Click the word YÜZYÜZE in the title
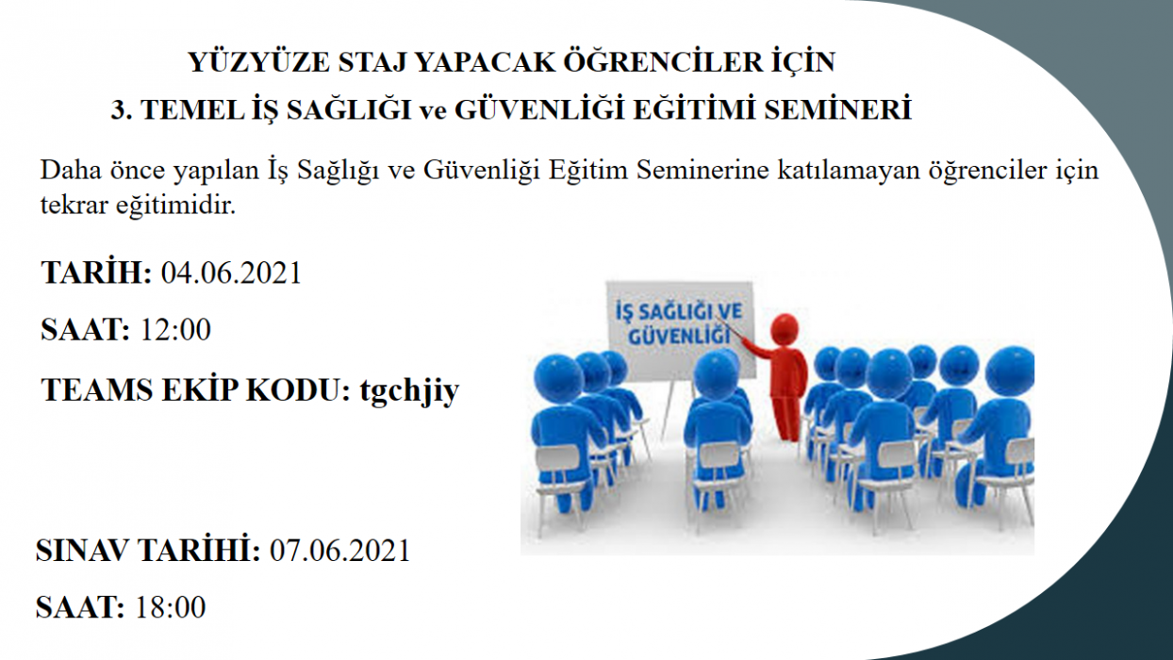(258, 62)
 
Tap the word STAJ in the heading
(372, 63)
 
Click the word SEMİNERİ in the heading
(838, 109)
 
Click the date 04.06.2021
(231, 272)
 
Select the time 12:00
(175, 329)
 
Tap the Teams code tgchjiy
(409, 390)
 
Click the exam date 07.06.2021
(339, 551)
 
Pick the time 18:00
(170, 607)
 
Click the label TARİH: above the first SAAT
(96, 272)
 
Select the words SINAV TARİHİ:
(148, 550)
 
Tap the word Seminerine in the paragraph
(702, 170)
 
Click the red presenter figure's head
(785, 328)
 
